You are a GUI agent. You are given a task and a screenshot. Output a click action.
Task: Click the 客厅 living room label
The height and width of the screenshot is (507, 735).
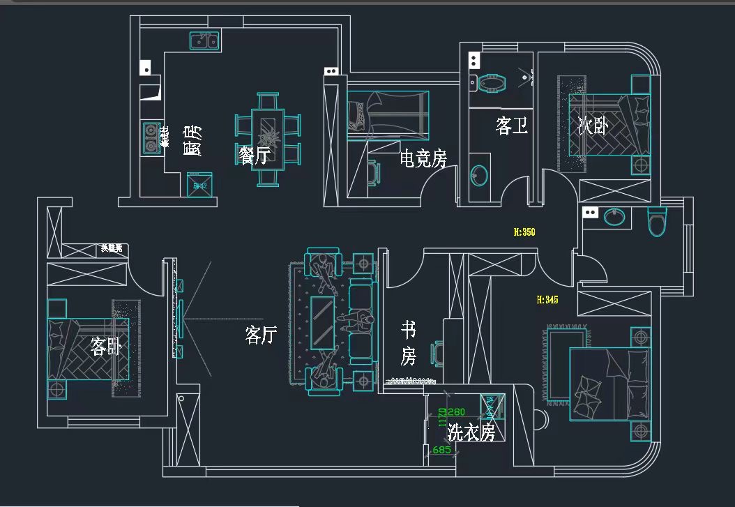pyautogui.click(x=262, y=335)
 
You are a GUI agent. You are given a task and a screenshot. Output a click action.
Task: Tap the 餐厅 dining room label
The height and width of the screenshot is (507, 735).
pyautogui.click(x=254, y=156)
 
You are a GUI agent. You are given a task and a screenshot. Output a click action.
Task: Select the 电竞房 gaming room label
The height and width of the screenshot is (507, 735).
pyautogui.click(x=423, y=159)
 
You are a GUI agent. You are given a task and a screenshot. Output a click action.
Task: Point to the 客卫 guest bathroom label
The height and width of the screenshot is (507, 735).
pyautogui.click(x=511, y=126)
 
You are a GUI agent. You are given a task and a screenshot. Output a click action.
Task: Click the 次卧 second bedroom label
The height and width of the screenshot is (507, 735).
pyautogui.click(x=593, y=126)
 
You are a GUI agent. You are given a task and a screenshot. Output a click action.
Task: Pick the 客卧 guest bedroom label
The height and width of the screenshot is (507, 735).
pyautogui.click(x=106, y=346)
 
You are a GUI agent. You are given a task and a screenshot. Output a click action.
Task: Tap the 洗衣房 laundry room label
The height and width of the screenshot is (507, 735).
pyautogui.click(x=471, y=432)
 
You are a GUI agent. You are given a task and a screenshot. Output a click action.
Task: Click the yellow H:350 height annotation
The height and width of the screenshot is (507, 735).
pyautogui.click(x=524, y=232)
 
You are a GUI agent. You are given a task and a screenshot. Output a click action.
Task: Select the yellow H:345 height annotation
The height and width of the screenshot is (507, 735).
pyautogui.click(x=547, y=300)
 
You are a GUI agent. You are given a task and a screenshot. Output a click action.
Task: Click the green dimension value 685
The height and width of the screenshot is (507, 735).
pyautogui.click(x=442, y=451)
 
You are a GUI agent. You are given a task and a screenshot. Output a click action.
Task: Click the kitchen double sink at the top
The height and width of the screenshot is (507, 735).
pyautogui.click(x=204, y=42)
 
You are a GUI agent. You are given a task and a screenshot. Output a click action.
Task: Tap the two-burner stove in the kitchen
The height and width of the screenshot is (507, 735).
pyautogui.click(x=151, y=137)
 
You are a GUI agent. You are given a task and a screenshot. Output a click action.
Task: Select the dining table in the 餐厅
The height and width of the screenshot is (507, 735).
pyautogui.click(x=268, y=139)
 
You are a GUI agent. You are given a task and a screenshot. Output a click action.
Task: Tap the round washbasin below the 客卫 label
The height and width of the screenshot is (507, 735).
pyautogui.click(x=478, y=175)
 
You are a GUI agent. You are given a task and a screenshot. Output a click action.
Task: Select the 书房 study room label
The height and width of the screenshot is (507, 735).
pyautogui.click(x=409, y=342)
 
